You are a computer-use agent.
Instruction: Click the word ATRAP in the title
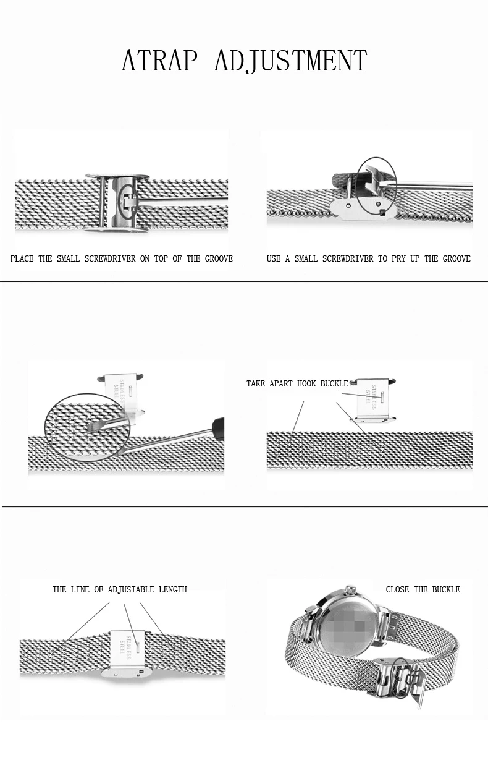[x=159, y=61]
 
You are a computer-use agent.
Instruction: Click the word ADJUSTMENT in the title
[x=290, y=61]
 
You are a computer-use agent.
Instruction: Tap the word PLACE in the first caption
[x=22, y=258]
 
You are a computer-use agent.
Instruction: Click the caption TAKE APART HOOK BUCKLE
[x=297, y=383]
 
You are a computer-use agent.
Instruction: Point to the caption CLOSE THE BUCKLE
[x=423, y=589]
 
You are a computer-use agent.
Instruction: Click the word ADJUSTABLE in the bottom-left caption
[x=131, y=589]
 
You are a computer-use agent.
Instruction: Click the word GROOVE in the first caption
[x=219, y=258]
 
